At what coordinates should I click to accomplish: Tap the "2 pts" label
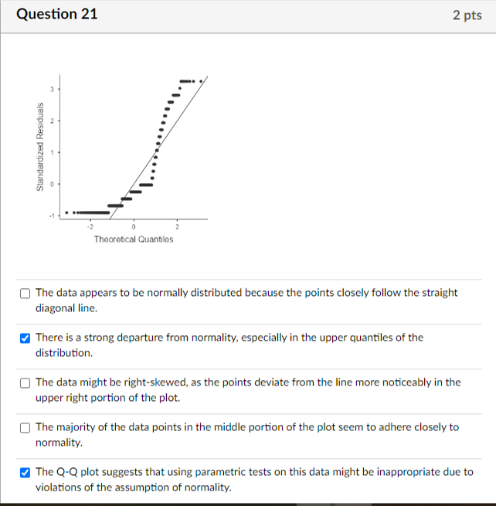467,15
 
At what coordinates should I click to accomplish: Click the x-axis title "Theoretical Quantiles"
134,239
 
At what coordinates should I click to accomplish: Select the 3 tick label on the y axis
53,90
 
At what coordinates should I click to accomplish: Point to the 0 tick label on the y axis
53,184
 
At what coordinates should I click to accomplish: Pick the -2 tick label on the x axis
90,226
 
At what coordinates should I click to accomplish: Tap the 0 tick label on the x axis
133,226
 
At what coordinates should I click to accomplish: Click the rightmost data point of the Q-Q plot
202,80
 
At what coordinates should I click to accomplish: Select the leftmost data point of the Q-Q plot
66,212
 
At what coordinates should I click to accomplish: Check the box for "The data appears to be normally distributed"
25,294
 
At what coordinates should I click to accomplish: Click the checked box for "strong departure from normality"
25,338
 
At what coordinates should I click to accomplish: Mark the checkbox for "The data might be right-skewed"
25,382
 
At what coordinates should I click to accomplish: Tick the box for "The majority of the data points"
25,427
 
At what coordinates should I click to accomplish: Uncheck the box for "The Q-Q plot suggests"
25,472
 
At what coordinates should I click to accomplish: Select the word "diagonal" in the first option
56,307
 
